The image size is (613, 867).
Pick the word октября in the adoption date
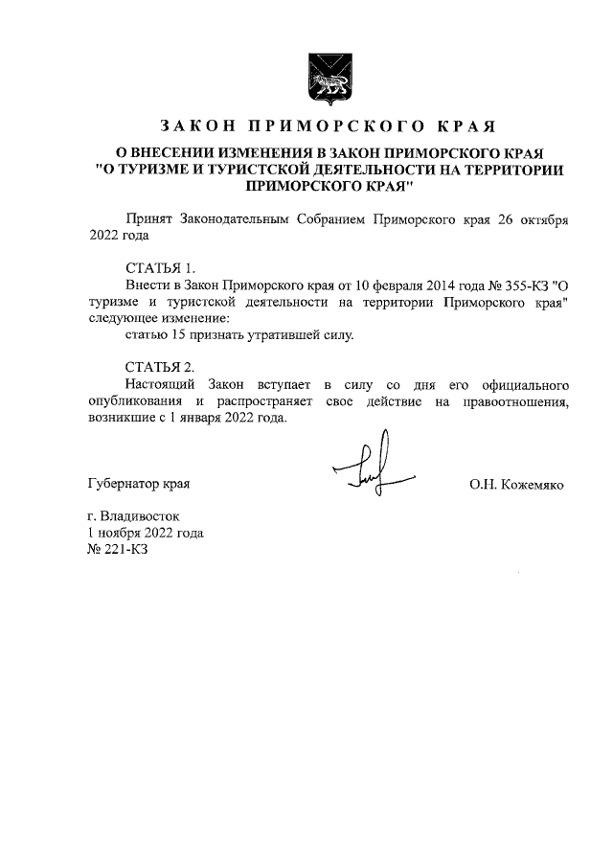click(x=542, y=218)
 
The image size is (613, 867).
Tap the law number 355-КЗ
click(x=514, y=285)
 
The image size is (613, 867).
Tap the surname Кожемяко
click(x=531, y=485)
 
